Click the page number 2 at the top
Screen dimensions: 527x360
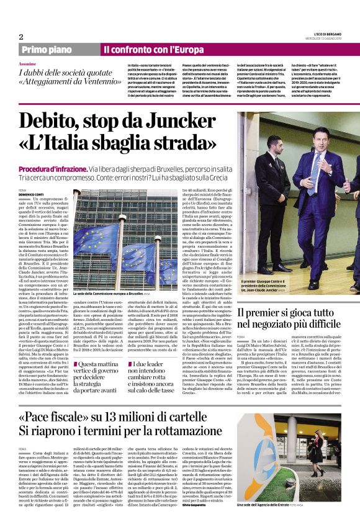(20, 36)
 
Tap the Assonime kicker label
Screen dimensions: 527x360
(27, 64)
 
